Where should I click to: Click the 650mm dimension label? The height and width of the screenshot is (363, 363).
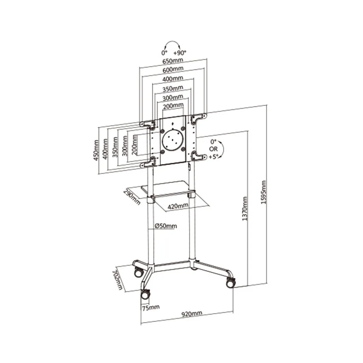click(173, 61)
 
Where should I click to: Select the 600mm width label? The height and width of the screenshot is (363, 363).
click(173, 69)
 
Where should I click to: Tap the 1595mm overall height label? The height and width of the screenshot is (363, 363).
click(263, 192)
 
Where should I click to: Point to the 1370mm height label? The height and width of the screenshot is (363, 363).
click(245, 209)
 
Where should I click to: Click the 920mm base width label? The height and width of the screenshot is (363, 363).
click(192, 314)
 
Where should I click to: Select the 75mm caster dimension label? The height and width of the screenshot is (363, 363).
click(151, 308)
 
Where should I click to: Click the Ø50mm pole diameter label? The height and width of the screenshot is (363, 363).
click(166, 226)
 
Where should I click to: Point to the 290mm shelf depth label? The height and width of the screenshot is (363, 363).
click(132, 197)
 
